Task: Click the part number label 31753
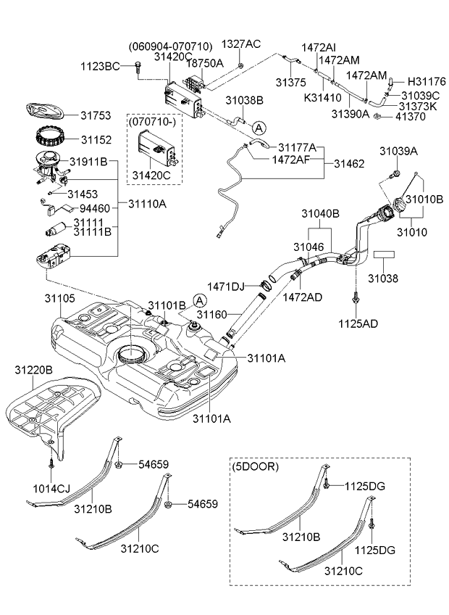[95, 115]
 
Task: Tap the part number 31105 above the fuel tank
[59, 298]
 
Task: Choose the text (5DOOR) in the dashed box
[254, 467]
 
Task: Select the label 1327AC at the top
[240, 44]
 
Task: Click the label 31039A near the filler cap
[399, 150]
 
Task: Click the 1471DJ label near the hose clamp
[227, 286]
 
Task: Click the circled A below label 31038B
[259, 126]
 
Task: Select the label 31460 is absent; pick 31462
[348, 165]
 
